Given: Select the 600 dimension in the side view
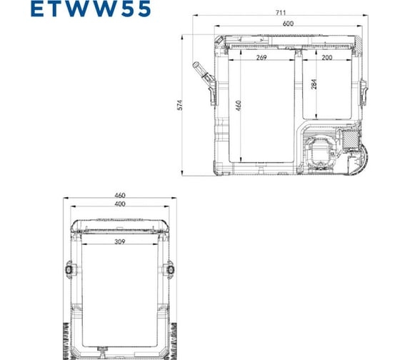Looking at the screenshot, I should click(x=289, y=24).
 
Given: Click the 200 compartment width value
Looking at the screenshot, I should click(x=327, y=57).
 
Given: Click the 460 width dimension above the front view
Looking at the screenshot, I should click(x=120, y=195).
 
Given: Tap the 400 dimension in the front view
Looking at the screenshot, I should click(x=120, y=205).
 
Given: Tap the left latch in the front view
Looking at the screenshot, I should click(x=71, y=270).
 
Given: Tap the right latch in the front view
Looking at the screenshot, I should click(x=171, y=270).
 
